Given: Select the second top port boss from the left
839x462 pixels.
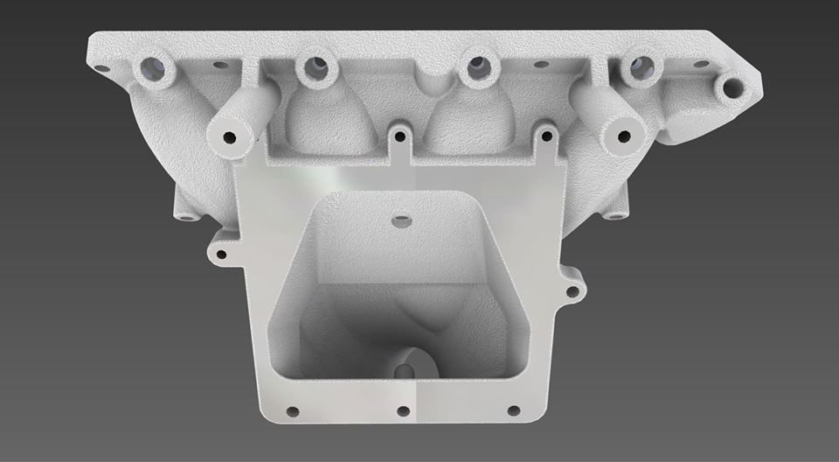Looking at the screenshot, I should click(x=312, y=68).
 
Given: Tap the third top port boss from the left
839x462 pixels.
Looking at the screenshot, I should click(x=477, y=67).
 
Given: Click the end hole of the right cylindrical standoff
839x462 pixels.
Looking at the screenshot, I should click(x=623, y=136).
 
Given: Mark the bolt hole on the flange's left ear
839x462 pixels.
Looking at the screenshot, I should click(x=221, y=255).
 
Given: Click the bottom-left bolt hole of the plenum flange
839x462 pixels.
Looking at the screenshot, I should click(x=292, y=410).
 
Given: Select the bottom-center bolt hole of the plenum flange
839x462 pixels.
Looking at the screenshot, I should click(x=403, y=411).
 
